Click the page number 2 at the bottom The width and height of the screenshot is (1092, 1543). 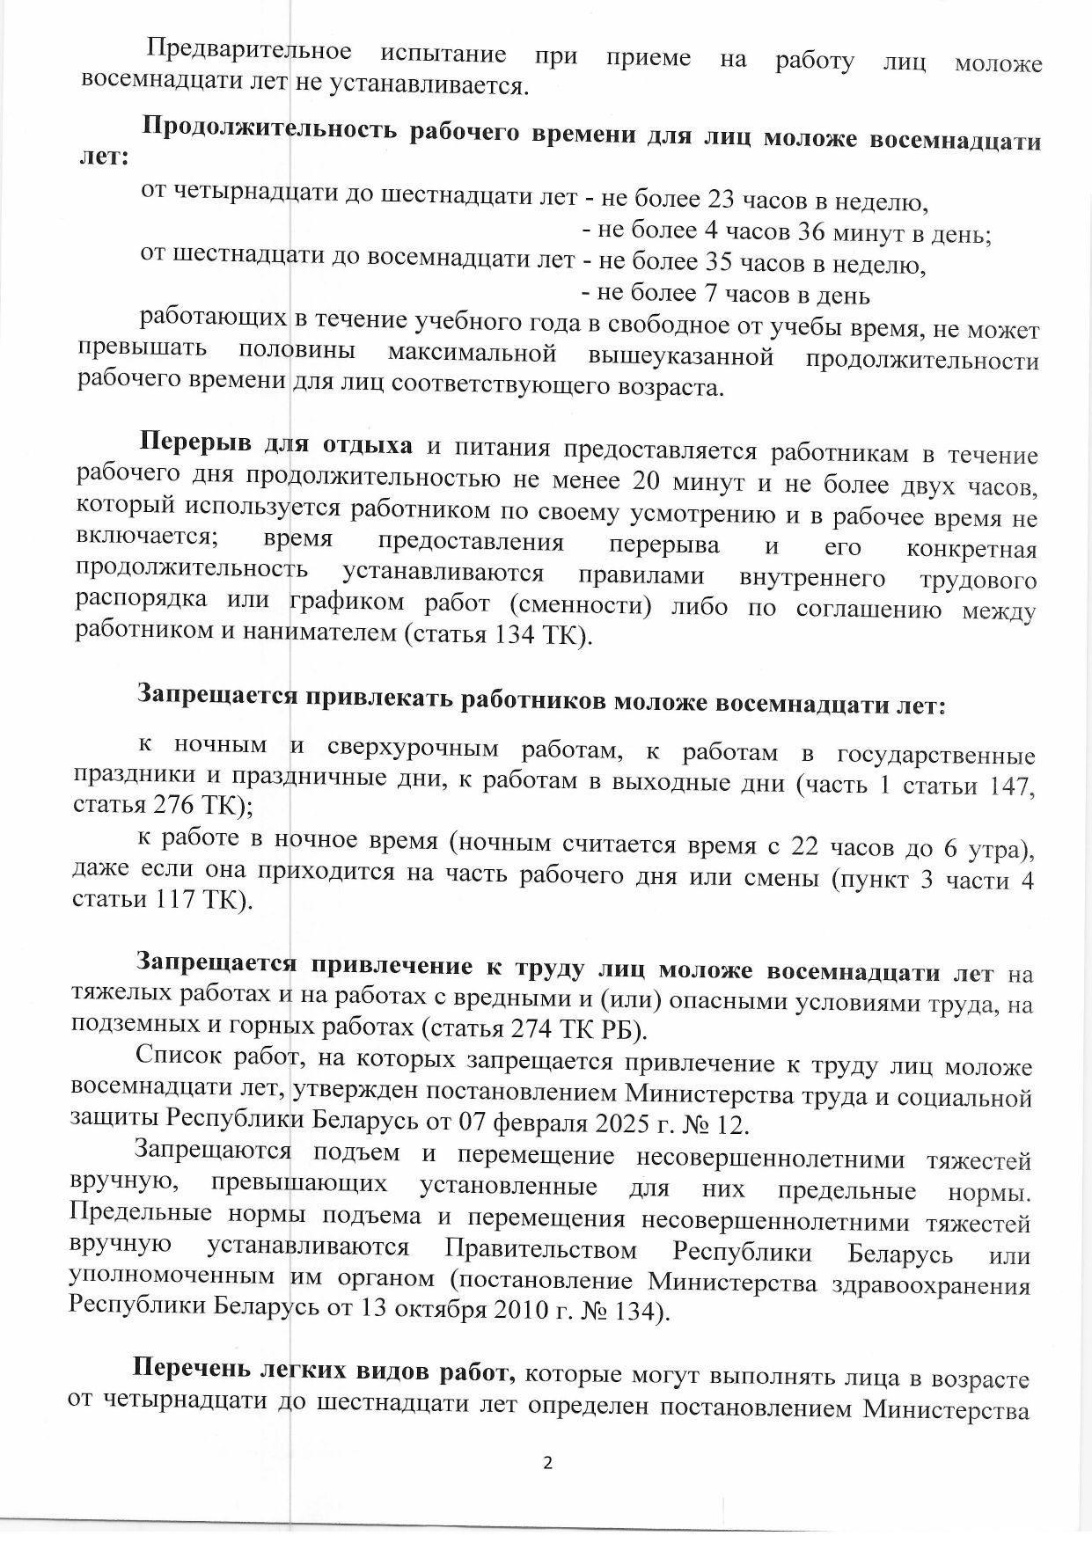pyautogui.click(x=546, y=1464)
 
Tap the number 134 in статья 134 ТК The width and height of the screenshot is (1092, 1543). pyautogui.click(x=517, y=634)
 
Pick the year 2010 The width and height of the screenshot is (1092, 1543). pyautogui.click(x=528, y=1309)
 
